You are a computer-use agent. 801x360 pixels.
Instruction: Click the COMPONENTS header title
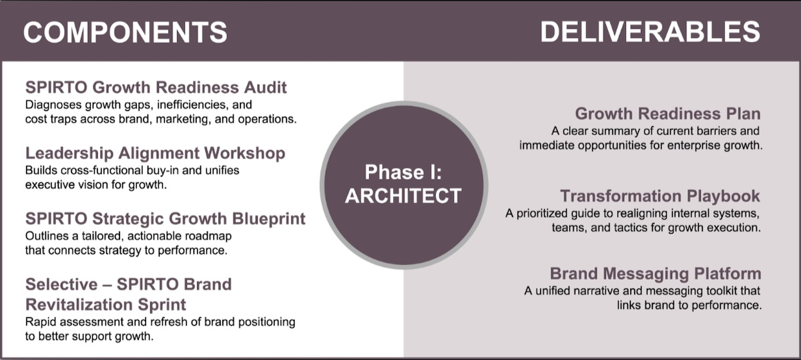(x=125, y=31)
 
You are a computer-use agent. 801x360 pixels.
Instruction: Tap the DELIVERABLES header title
(x=650, y=31)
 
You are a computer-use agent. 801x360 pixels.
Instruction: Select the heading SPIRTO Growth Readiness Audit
(x=156, y=87)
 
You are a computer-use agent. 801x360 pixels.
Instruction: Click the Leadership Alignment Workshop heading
(x=155, y=153)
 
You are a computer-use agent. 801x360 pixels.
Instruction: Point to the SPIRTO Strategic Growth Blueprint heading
(x=166, y=218)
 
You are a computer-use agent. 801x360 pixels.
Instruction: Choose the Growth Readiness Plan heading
(x=667, y=113)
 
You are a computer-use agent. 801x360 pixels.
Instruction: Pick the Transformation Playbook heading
(x=660, y=196)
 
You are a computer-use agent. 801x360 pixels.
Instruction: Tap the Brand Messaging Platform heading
(x=655, y=273)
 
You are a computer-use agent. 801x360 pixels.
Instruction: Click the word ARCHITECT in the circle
(x=404, y=195)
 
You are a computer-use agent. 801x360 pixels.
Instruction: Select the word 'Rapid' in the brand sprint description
(x=40, y=323)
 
